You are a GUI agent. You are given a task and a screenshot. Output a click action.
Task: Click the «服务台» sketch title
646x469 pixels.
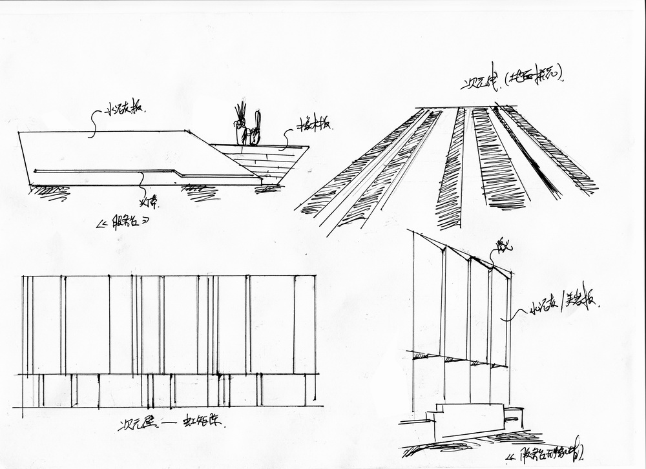pos(123,224)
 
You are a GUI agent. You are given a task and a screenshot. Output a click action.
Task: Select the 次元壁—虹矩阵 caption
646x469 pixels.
pos(175,425)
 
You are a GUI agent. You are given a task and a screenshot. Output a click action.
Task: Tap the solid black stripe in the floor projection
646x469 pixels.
pos(526,152)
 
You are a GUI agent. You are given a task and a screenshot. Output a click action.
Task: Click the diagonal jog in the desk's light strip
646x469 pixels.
pos(177,172)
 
